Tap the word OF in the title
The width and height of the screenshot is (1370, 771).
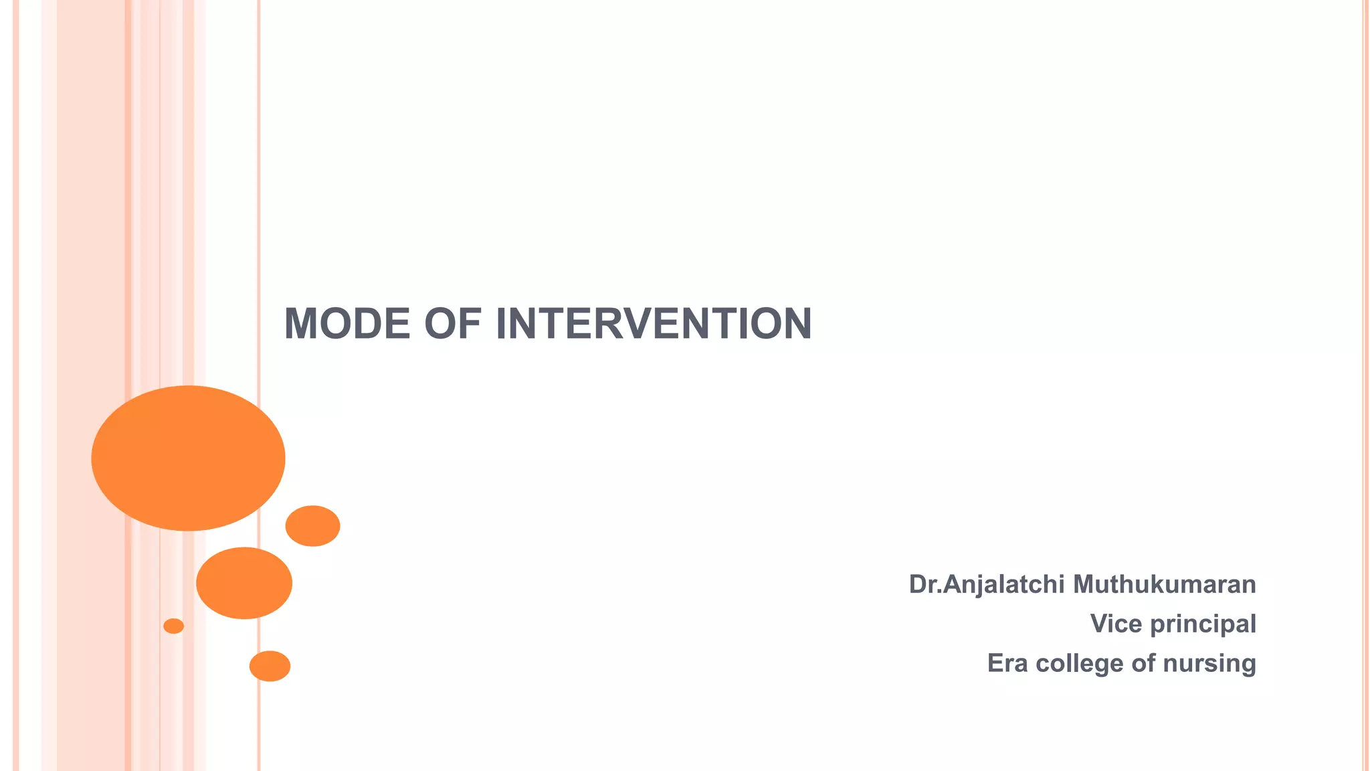(452, 324)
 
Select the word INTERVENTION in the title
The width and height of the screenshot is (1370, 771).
(654, 324)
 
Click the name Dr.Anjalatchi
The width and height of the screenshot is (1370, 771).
(986, 585)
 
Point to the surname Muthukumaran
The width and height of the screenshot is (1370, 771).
(1164, 584)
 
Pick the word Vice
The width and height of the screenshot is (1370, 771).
(1116, 624)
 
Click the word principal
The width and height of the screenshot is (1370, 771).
(1203, 624)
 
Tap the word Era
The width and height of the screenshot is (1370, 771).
(1007, 663)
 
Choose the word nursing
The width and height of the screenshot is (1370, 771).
(1209, 664)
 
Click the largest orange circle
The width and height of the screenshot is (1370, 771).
(188, 458)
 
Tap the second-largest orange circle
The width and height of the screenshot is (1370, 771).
(244, 583)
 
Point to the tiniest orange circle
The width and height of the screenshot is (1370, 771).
(173, 626)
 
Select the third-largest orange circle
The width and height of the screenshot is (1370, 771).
(312, 526)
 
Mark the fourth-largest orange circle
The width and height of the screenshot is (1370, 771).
(270, 666)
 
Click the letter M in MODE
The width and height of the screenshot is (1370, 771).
(300, 324)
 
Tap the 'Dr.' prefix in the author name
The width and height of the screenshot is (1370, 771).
(924, 585)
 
